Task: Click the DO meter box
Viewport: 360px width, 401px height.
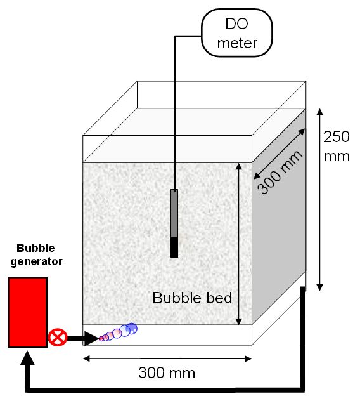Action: pyautogui.click(x=237, y=33)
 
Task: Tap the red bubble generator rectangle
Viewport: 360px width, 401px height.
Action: pyautogui.click(x=28, y=312)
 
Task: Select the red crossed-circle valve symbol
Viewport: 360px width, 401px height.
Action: pyautogui.click(x=58, y=338)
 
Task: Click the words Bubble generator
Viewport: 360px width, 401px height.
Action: pyautogui.click(x=36, y=254)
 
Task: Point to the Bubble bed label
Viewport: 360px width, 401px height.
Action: pyautogui.click(x=192, y=298)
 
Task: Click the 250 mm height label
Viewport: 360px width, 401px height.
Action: pyautogui.click(x=337, y=147)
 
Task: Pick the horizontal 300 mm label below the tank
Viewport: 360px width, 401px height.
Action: pyautogui.click(x=167, y=372)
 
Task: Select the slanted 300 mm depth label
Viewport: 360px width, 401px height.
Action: pyautogui.click(x=280, y=172)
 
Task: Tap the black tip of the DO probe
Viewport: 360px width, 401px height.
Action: pyautogui.click(x=174, y=247)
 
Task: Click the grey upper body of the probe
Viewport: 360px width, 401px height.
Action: pyautogui.click(x=174, y=213)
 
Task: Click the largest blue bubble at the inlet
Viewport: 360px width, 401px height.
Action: pyautogui.click(x=132, y=329)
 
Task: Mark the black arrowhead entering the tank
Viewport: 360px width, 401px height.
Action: pyautogui.click(x=91, y=339)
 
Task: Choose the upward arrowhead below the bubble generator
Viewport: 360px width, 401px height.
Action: pyautogui.click(x=27, y=358)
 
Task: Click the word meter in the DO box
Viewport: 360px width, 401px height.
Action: pyautogui.click(x=237, y=43)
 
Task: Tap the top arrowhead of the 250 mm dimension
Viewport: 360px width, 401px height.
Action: pyautogui.click(x=320, y=112)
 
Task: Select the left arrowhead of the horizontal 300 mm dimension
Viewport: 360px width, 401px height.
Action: pyautogui.click(x=87, y=358)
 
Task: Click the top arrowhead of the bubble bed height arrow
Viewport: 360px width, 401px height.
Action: pyautogui.click(x=239, y=166)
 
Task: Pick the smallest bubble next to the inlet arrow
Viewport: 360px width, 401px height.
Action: pyautogui.click(x=101, y=339)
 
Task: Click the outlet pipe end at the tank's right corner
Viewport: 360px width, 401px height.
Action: pyautogui.click(x=303, y=289)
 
